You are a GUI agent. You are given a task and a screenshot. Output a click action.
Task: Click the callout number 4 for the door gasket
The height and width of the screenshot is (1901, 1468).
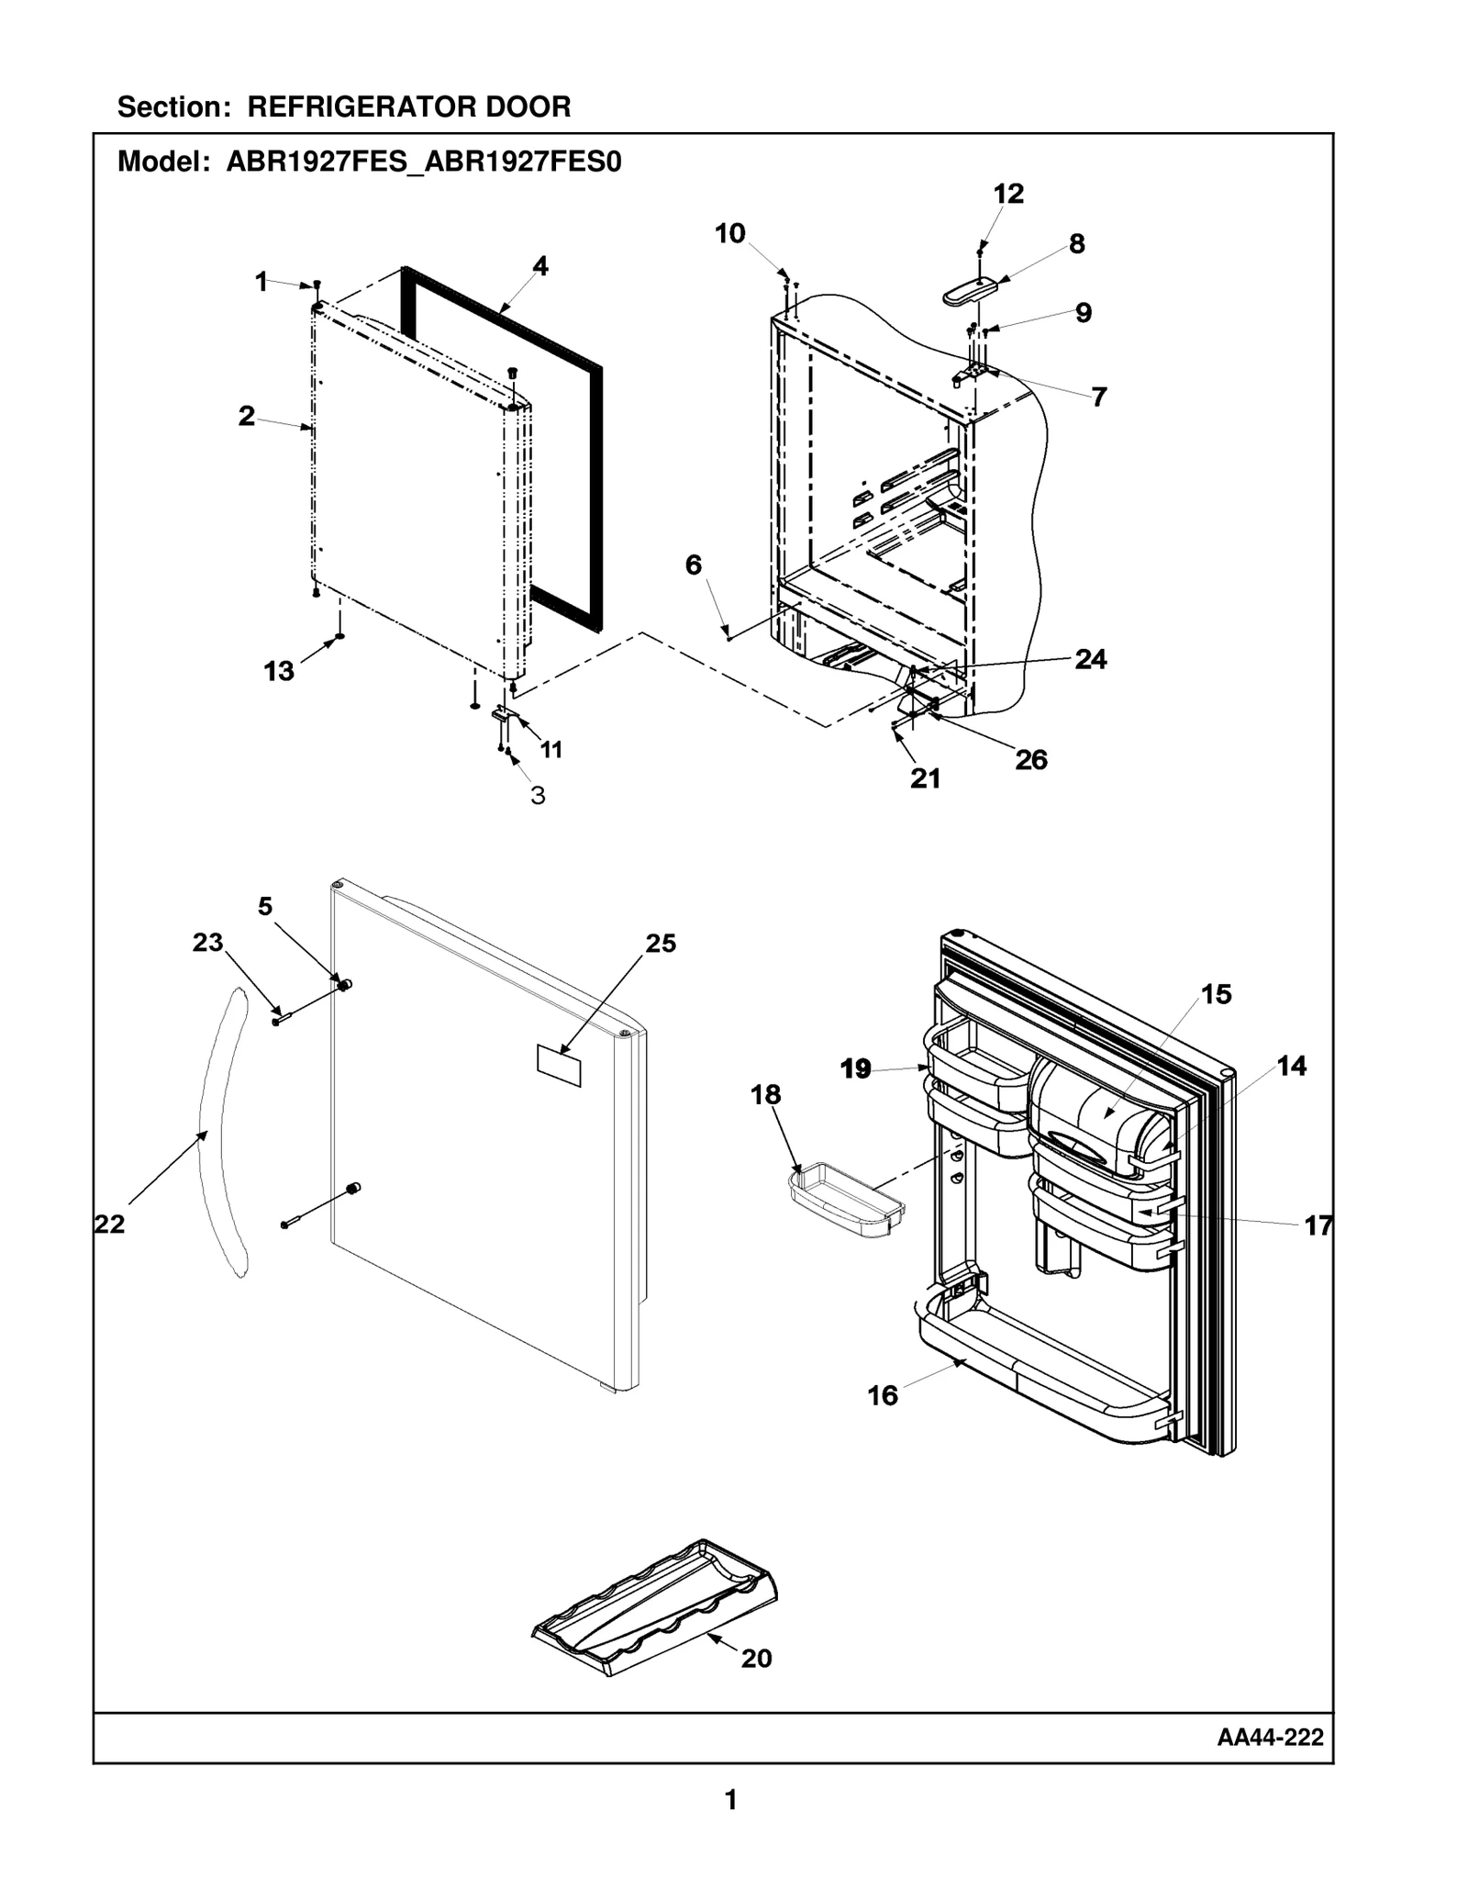[x=540, y=266]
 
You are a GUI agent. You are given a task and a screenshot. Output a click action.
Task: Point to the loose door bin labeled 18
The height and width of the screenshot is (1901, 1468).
[x=846, y=1199]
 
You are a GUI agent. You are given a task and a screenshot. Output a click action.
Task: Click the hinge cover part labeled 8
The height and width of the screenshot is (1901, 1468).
[x=970, y=291]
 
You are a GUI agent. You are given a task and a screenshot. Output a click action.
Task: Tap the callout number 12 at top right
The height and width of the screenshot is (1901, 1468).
[x=1008, y=194]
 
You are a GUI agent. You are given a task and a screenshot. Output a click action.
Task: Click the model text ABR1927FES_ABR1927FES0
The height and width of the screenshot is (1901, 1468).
[x=424, y=162]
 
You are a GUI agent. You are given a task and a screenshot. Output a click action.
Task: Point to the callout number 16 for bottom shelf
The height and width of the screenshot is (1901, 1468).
[x=883, y=1396]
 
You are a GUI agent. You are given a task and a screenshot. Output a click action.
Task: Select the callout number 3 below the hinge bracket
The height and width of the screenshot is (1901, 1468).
[x=539, y=796]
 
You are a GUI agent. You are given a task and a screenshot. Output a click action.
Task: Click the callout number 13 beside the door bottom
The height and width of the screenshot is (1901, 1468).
[x=279, y=671]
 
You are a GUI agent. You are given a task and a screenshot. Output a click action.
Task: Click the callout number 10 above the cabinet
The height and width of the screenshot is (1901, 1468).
[x=730, y=234]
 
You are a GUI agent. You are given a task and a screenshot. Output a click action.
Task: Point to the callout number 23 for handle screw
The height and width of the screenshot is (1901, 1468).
[x=207, y=942]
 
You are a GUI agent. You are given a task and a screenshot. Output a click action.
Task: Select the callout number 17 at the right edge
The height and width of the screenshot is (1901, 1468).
[x=1318, y=1225]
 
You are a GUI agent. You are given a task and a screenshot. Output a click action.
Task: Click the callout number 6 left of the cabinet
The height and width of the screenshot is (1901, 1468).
[x=694, y=565]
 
